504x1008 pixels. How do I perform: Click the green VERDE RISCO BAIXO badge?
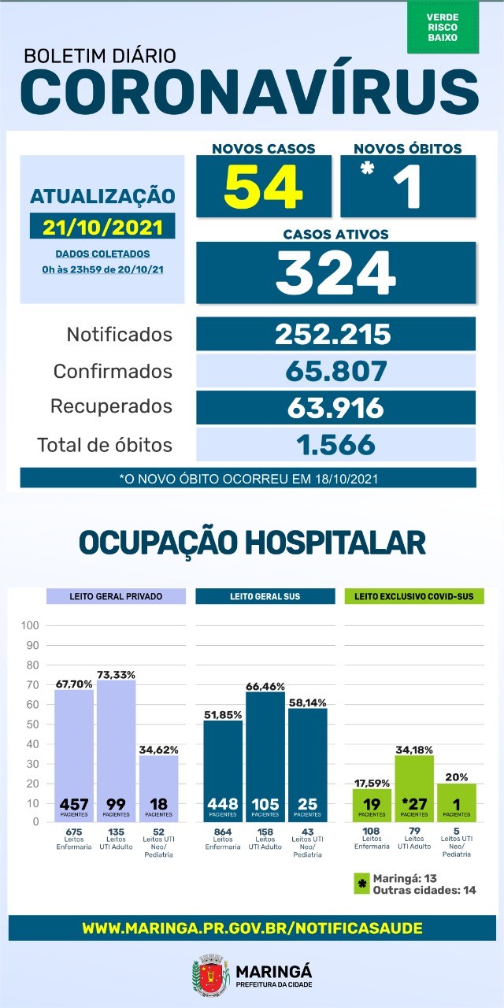[x=443, y=27]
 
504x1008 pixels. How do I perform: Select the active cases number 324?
[x=335, y=272]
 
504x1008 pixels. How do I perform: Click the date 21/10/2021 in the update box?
[x=103, y=227]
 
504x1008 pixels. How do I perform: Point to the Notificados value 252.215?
[x=333, y=334]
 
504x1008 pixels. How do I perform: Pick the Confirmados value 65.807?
[x=335, y=370]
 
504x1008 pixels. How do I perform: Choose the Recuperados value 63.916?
[x=335, y=407]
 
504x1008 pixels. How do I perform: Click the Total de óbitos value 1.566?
[x=335, y=445]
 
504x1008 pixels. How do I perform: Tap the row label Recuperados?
[x=111, y=407]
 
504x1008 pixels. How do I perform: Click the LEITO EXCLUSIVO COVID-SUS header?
[x=413, y=596]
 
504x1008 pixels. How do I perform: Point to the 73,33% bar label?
[x=117, y=675]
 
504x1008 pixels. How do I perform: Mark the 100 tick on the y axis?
[x=31, y=626]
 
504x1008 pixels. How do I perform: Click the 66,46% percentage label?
[x=266, y=687]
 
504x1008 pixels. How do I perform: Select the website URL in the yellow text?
[x=252, y=928]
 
